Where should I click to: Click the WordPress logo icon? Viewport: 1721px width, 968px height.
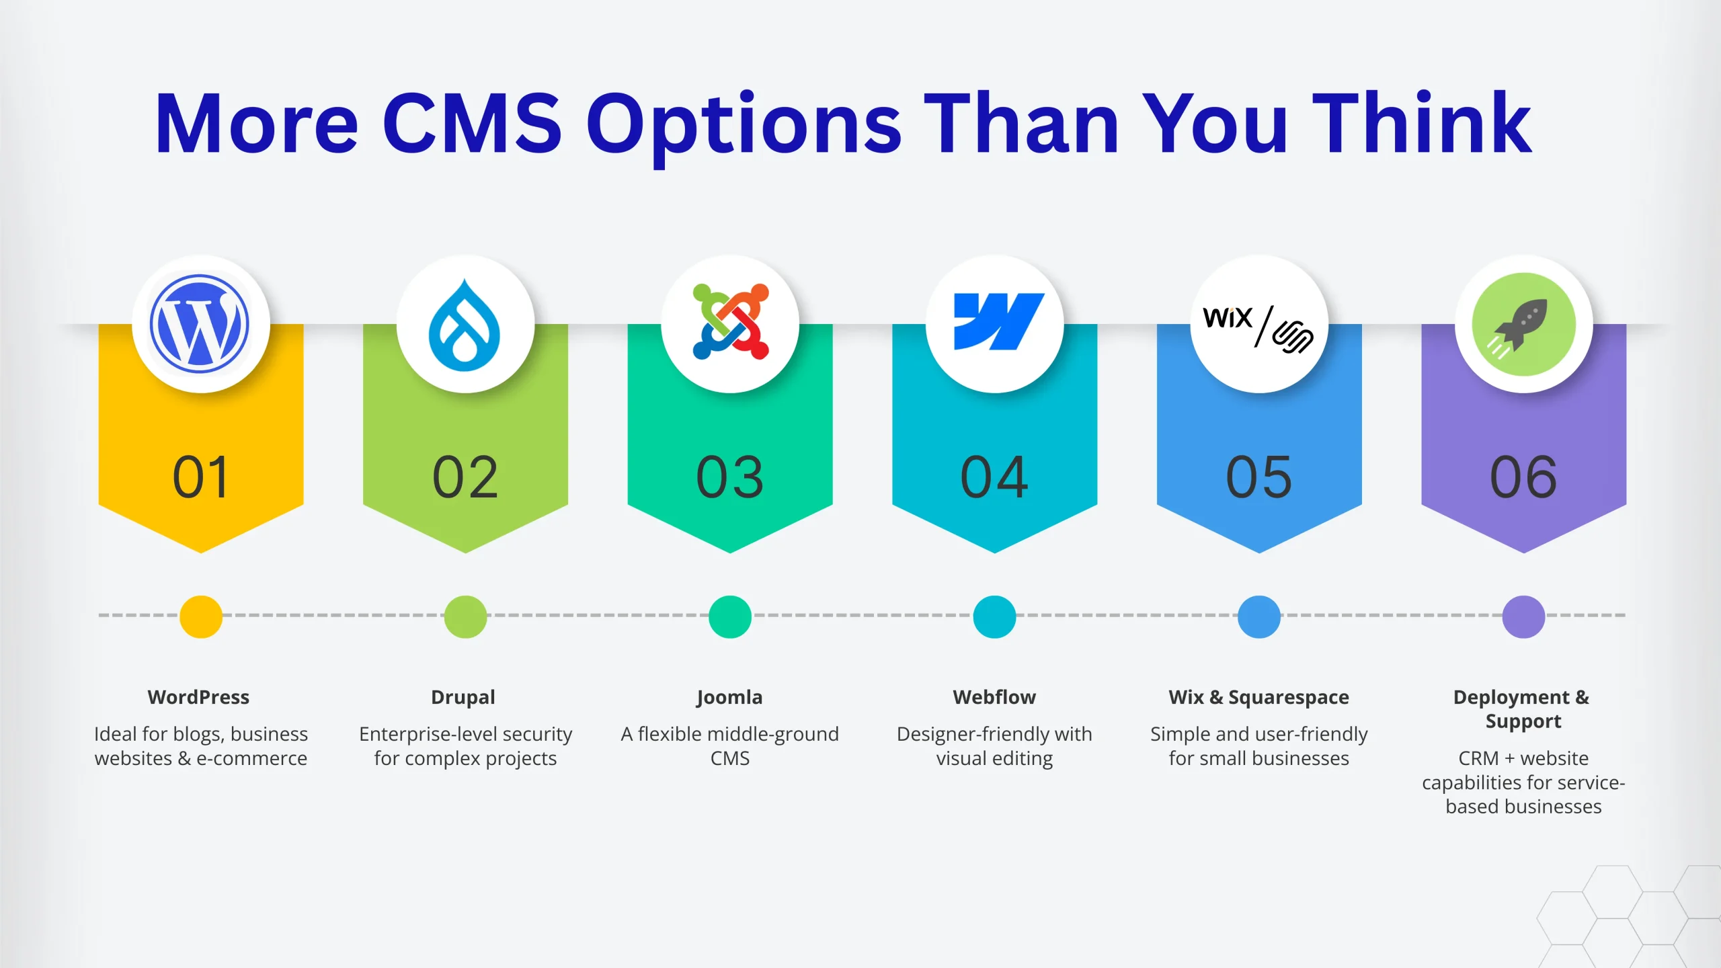tap(200, 324)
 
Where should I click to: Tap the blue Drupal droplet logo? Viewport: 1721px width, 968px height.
tap(464, 325)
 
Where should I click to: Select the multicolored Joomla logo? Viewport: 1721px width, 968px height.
tap(731, 321)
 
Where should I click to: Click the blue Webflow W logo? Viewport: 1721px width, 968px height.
tap(998, 321)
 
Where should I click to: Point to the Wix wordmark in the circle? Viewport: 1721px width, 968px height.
tap(1228, 317)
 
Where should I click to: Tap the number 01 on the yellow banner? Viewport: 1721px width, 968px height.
tap(200, 477)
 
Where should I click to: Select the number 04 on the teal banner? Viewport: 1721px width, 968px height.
tap(994, 477)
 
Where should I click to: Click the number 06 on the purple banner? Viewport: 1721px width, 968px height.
tap(1523, 477)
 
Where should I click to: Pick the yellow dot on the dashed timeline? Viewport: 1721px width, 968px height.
tap(201, 616)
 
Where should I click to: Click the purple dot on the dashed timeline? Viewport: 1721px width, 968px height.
tap(1523, 616)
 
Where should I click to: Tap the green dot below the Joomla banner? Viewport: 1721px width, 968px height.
tap(730, 616)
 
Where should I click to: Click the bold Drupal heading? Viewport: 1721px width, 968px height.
tap(463, 698)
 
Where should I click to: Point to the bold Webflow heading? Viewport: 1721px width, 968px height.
tap(994, 697)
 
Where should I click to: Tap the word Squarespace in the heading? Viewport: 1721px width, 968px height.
tap(1289, 698)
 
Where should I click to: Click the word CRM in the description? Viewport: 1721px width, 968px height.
tap(1478, 758)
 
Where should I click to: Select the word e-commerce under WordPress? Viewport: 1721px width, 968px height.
tap(251, 758)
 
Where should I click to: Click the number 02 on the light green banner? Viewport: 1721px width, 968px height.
tap(465, 477)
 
